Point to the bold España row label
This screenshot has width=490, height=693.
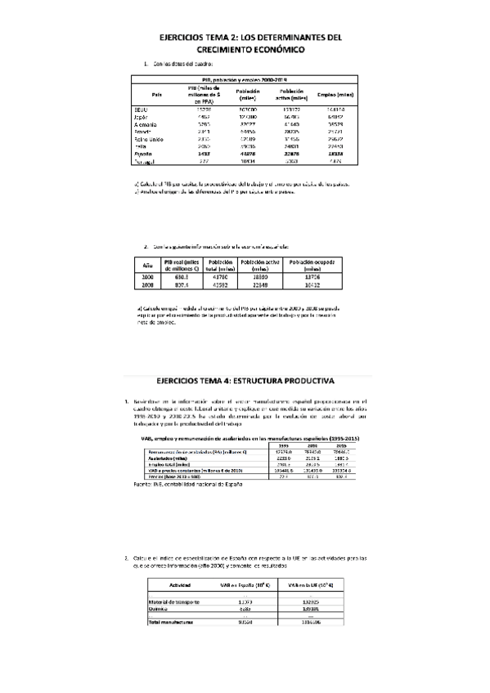click(143, 154)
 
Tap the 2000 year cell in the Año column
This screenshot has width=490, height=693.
click(148, 278)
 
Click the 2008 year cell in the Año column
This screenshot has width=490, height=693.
click(148, 286)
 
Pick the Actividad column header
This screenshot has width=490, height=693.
click(180, 585)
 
